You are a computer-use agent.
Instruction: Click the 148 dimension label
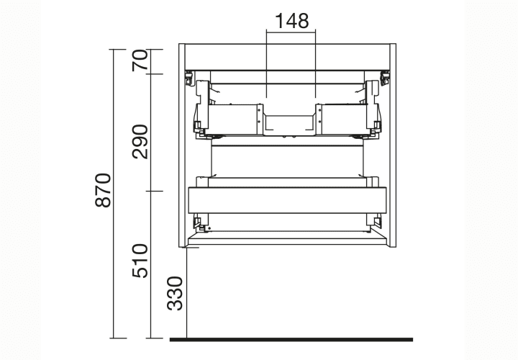[291, 21]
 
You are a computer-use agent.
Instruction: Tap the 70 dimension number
[140, 60]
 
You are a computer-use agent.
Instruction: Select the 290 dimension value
[140, 142]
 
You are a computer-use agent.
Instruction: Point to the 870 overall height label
[103, 190]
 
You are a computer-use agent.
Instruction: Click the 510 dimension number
[140, 261]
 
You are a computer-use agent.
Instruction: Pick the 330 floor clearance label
[174, 294]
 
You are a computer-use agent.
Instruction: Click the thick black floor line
[291, 340]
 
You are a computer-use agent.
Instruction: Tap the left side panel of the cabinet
[182, 145]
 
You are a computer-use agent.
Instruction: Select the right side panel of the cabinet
[393, 145]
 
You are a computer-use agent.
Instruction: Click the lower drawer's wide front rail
[287, 200]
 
